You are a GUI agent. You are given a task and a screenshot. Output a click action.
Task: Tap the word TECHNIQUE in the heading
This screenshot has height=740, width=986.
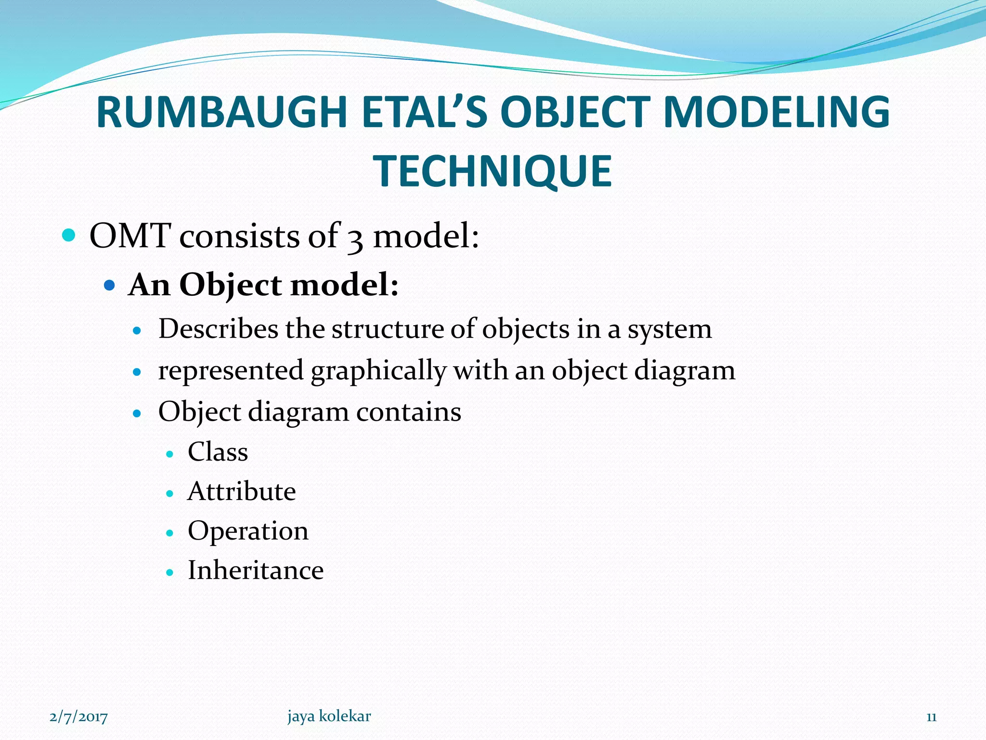(493, 172)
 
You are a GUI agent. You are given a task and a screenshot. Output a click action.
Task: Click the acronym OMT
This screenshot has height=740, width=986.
(130, 236)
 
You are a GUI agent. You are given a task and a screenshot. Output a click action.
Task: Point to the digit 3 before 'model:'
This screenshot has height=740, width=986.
(355, 238)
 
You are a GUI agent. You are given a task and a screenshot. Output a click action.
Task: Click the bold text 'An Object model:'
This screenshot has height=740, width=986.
(264, 285)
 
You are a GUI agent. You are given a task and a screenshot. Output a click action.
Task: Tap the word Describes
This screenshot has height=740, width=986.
(218, 329)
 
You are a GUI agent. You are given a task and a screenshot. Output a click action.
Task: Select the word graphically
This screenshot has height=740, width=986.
(378, 371)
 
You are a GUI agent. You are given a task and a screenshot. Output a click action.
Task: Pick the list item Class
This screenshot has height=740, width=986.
(218, 452)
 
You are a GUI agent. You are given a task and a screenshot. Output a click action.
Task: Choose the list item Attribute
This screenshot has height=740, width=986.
(242, 491)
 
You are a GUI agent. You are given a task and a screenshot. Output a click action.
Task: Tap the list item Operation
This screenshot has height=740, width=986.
(248, 531)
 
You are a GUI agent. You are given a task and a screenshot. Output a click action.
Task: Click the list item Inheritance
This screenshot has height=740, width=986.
(256, 570)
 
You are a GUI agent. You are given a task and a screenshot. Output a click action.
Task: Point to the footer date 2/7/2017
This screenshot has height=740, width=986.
(78, 717)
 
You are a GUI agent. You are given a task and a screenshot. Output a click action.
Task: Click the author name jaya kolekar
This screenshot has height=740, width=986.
(329, 716)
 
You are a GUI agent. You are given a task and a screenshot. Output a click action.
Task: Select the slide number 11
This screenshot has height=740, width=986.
(931, 717)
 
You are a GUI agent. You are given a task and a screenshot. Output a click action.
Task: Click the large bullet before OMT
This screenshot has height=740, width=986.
(69, 236)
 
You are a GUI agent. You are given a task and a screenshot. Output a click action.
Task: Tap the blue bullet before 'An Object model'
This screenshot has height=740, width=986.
(110, 285)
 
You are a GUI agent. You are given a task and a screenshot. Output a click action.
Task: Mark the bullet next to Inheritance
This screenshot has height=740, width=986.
(169, 572)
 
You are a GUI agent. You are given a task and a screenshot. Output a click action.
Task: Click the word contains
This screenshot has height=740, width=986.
(408, 412)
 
